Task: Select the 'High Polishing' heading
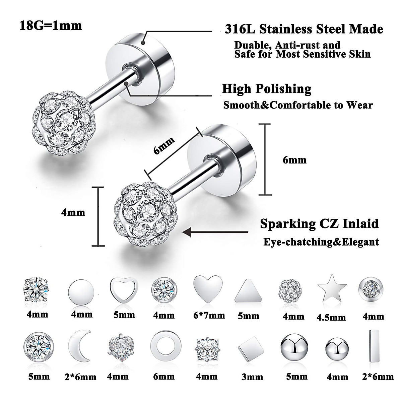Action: click(267, 89)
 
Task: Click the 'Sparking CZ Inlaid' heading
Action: click(319, 223)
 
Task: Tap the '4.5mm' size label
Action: click(331, 317)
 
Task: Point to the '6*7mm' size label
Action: click(209, 315)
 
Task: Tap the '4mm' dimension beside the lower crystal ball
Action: click(73, 212)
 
